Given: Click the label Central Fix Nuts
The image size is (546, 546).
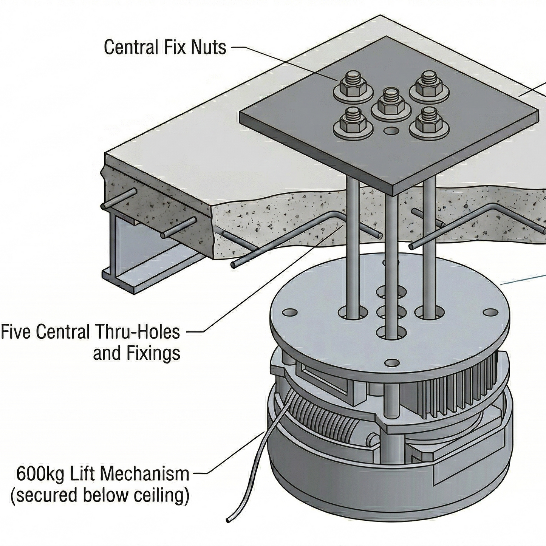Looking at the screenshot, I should (165, 48).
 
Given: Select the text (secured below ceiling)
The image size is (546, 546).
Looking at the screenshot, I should (100, 495).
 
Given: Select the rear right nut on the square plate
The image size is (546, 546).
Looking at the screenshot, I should (428, 86).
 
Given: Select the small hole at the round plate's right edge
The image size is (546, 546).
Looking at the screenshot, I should (490, 312).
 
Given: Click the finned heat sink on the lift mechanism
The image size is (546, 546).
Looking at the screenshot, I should (453, 393).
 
